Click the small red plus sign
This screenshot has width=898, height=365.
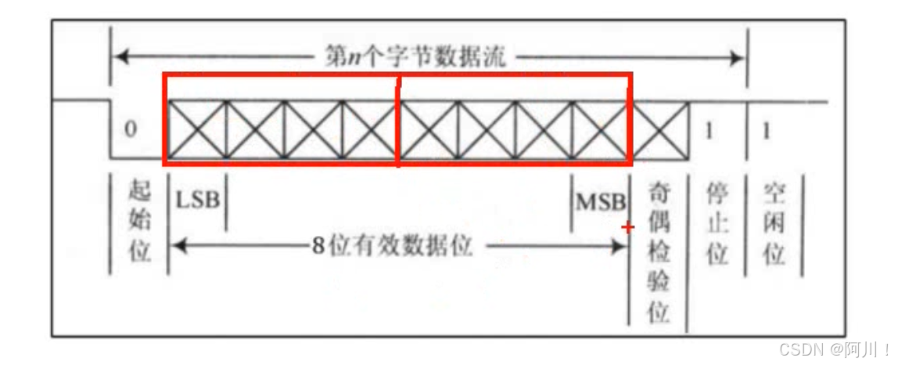(627, 227)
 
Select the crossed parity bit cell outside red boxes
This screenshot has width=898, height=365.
(660, 130)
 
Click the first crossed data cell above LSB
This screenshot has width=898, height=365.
(197, 130)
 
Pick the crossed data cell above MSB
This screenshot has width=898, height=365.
(601, 130)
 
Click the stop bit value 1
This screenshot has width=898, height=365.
(709, 130)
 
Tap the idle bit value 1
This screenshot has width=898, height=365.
(767, 130)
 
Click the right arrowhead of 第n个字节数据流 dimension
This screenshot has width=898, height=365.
(738, 57)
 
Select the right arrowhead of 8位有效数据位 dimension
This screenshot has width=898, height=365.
(622, 247)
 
